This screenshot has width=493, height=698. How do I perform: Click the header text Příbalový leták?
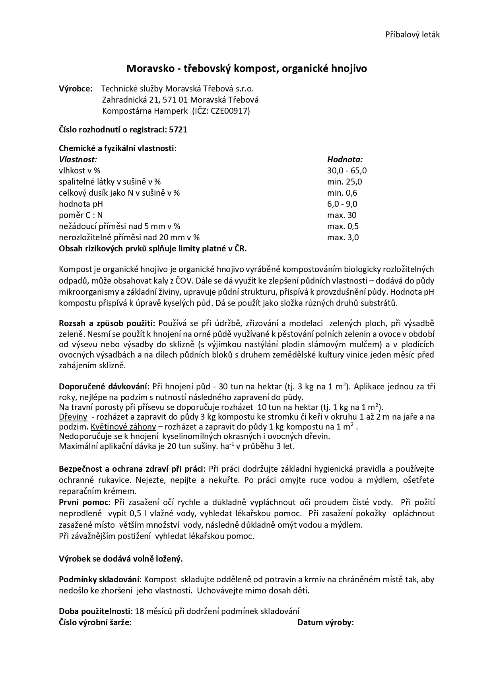412,35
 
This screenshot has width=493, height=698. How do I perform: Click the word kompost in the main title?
253,69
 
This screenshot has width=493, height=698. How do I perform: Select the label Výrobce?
76,88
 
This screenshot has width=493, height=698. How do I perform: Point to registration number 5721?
178,130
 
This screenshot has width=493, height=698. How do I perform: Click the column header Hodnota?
345,159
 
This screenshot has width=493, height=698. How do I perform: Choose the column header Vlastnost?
78,159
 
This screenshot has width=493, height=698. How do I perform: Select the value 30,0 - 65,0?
347,171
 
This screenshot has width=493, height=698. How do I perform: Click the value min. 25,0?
344,182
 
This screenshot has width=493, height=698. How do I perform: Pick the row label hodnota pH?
81,204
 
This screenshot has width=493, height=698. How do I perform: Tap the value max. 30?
342,215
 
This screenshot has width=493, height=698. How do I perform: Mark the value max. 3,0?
343,237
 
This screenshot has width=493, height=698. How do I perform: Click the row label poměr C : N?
81,215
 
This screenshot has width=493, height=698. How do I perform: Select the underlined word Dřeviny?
73,417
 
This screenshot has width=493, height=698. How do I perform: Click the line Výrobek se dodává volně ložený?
121,559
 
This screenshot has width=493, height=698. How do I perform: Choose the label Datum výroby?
325,622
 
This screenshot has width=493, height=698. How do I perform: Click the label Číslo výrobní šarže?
95,622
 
